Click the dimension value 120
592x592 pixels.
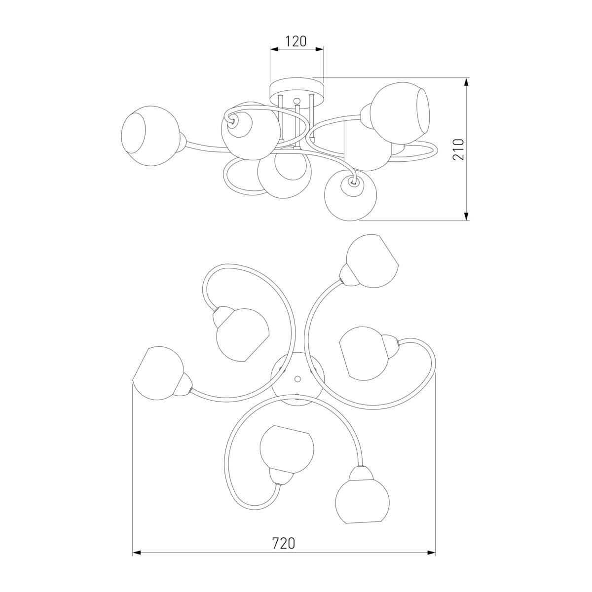coord(296,41)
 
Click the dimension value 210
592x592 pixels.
coord(458,149)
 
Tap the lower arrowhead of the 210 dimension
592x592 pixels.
coord(466,216)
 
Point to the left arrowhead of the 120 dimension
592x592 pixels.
coord(274,49)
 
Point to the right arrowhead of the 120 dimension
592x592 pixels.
coord(320,49)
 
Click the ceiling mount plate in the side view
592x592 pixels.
coord(296,91)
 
